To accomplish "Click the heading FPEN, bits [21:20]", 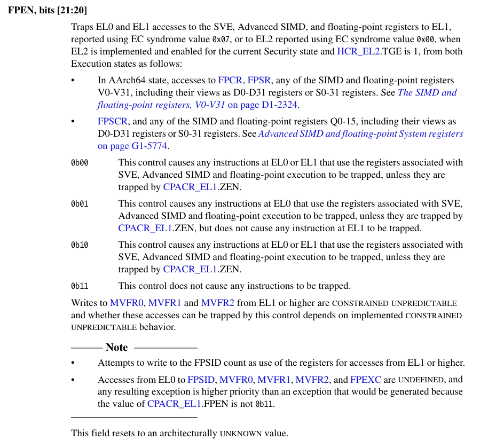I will click(x=48, y=11).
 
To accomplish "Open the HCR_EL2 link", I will click(x=358, y=52).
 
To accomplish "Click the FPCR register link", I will click(x=230, y=81).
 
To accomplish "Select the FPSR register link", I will click(x=259, y=81).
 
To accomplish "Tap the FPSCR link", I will click(x=113, y=121).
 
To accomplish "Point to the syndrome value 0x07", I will click(x=221, y=40).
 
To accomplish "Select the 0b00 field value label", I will click(x=80, y=163).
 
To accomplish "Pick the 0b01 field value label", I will click(x=80, y=204).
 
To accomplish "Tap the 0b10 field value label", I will click(x=80, y=245).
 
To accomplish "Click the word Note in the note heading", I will click(x=116, y=348).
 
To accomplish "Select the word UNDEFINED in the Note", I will click(x=420, y=380).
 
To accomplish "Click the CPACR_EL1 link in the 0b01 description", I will click(x=145, y=229).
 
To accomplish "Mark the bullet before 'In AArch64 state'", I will click(x=74, y=81).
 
